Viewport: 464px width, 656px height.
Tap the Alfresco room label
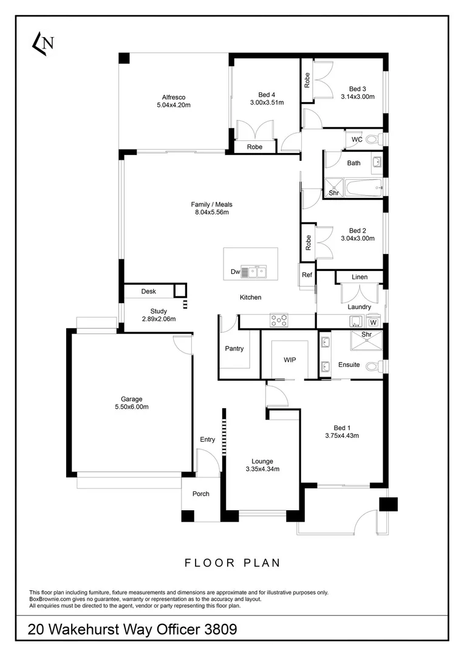[x=173, y=97]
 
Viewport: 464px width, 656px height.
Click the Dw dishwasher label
[x=236, y=272]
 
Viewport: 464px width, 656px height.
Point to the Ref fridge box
[x=307, y=275]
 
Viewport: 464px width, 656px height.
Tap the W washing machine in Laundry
[x=374, y=322]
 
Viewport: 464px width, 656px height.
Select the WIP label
[x=290, y=360]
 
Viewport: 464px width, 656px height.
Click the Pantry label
[x=234, y=349]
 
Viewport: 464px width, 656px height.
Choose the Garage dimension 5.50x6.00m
[x=131, y=407]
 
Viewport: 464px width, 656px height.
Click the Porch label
[x=201, y=494]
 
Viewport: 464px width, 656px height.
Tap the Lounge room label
[x=262, y=461]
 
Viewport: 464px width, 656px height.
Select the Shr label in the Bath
[x=333, y=193]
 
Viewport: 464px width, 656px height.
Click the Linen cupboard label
[x=360, y=277]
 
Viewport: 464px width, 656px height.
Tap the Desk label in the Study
[x=149, y=292]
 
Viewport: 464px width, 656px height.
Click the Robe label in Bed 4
[x=255, y=147]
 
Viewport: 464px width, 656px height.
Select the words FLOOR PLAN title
[x=233, y=563]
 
